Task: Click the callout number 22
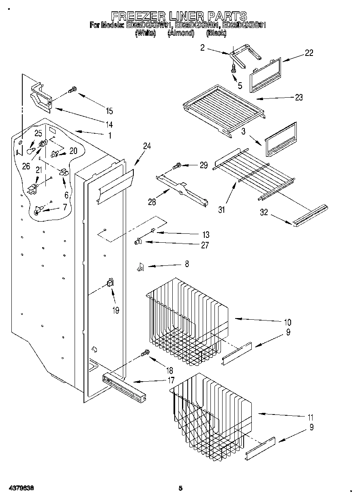point(309,53)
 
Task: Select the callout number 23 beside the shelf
point(298,98)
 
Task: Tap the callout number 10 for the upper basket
point(287,323)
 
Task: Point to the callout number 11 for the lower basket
point(311,417)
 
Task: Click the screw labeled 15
point(73,89)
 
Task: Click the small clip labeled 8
point(140,267)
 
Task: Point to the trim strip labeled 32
point(310,215)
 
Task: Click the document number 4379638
point(17,489)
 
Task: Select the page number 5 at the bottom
point(181,489)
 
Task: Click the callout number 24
point(147,146)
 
